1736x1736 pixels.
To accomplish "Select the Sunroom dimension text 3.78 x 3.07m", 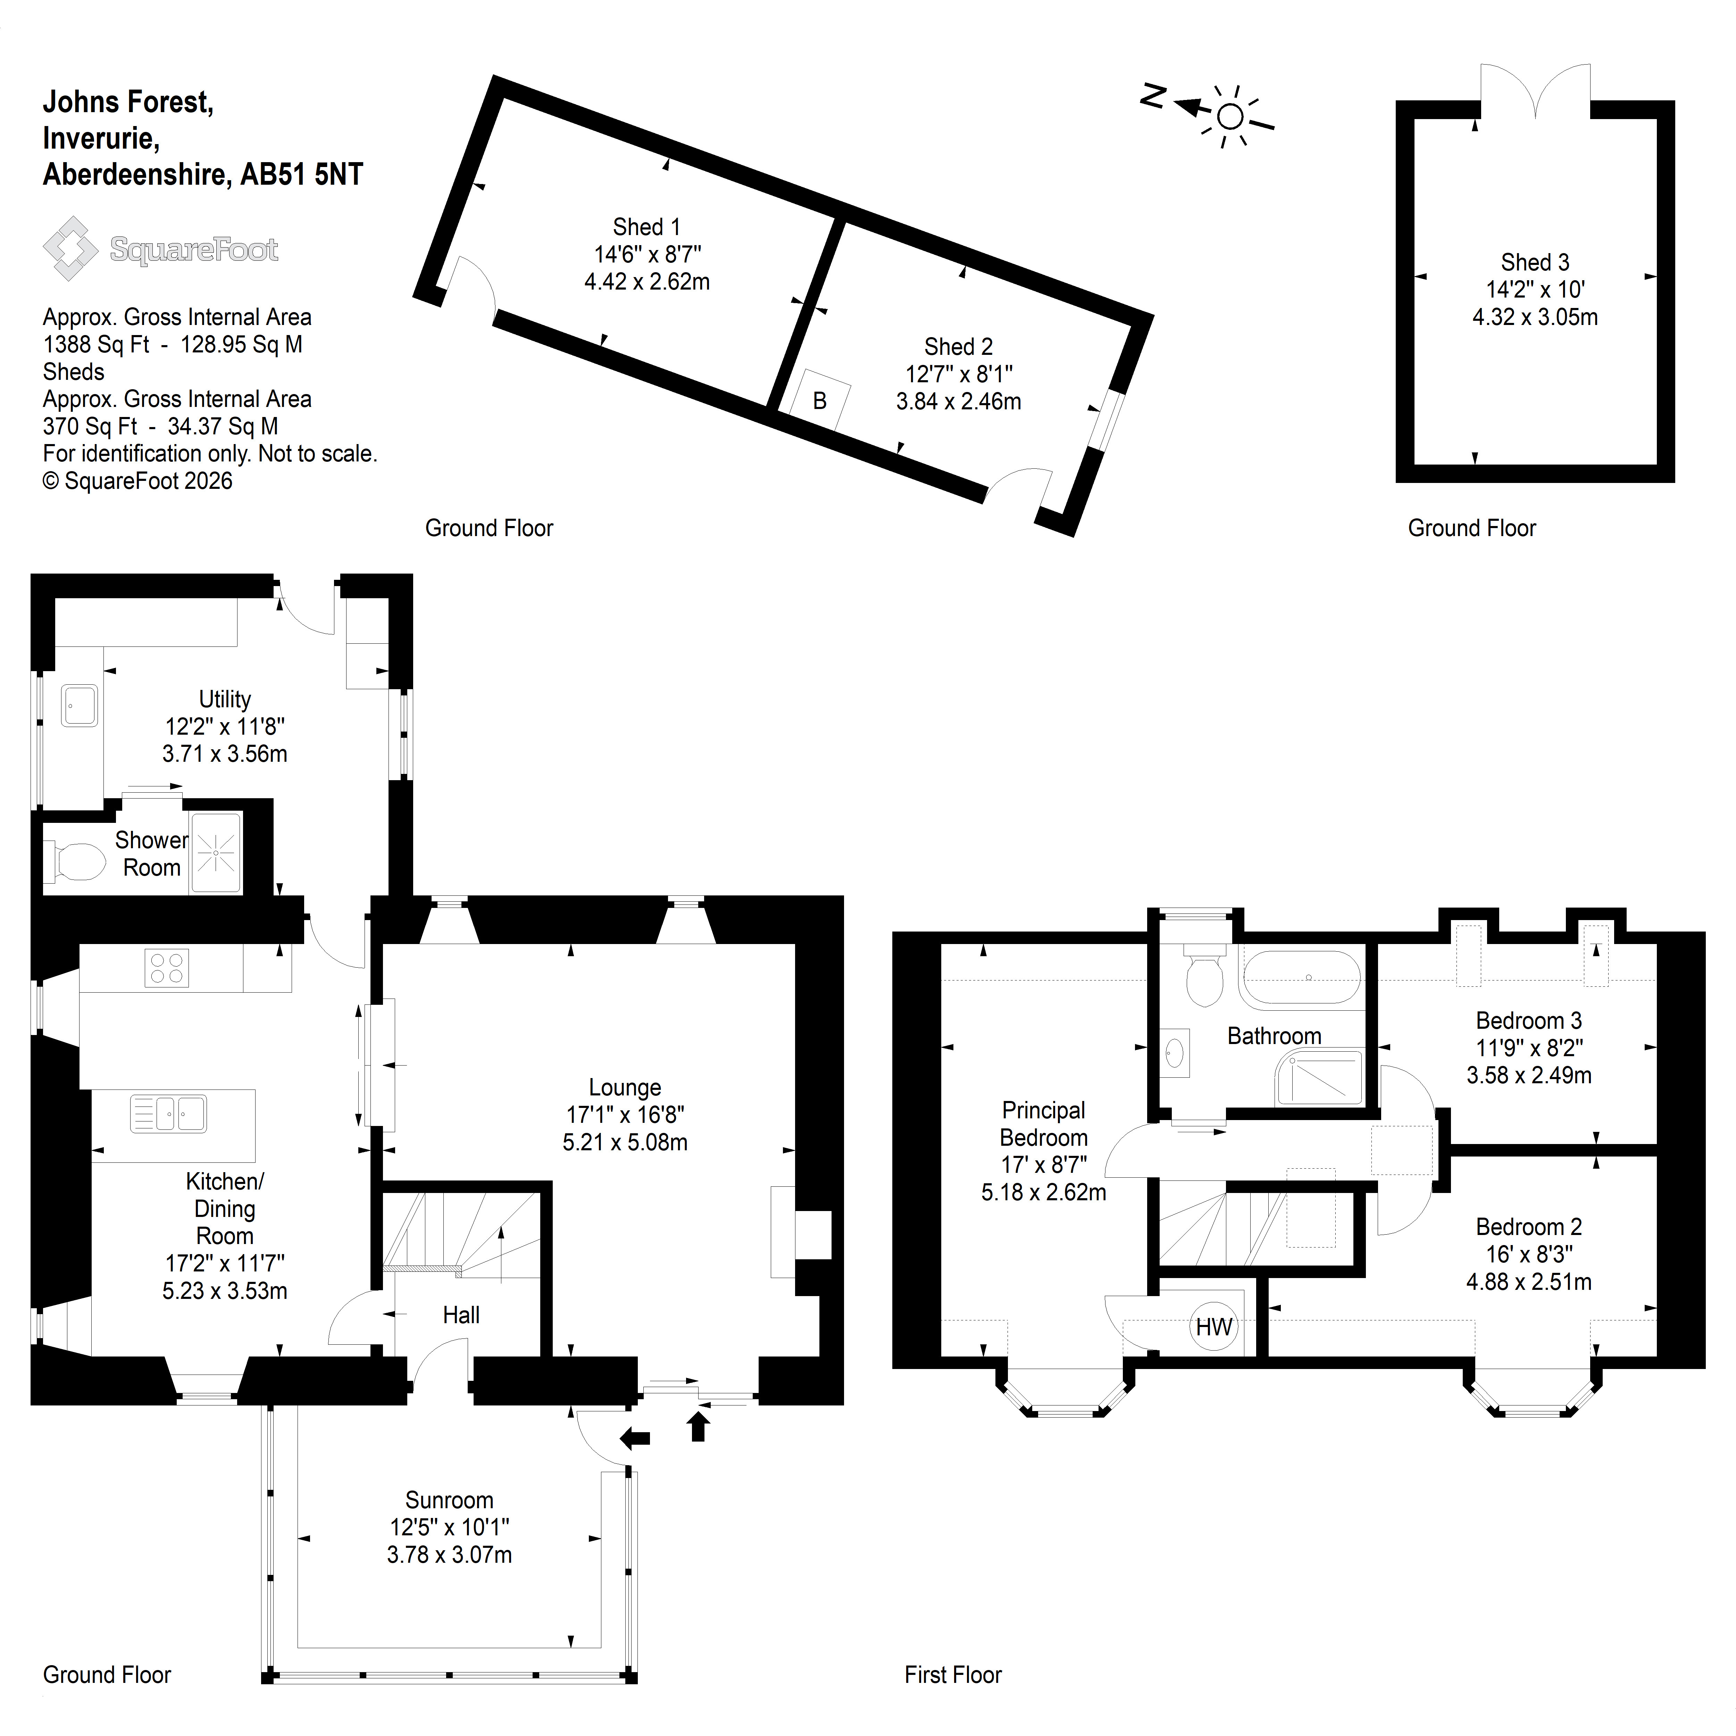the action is tap(449, 1554).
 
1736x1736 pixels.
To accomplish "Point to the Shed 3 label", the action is tap(1535, 262).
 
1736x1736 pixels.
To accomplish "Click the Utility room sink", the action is tap(79, 706).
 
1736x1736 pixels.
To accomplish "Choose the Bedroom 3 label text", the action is tap(1528, 1021).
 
